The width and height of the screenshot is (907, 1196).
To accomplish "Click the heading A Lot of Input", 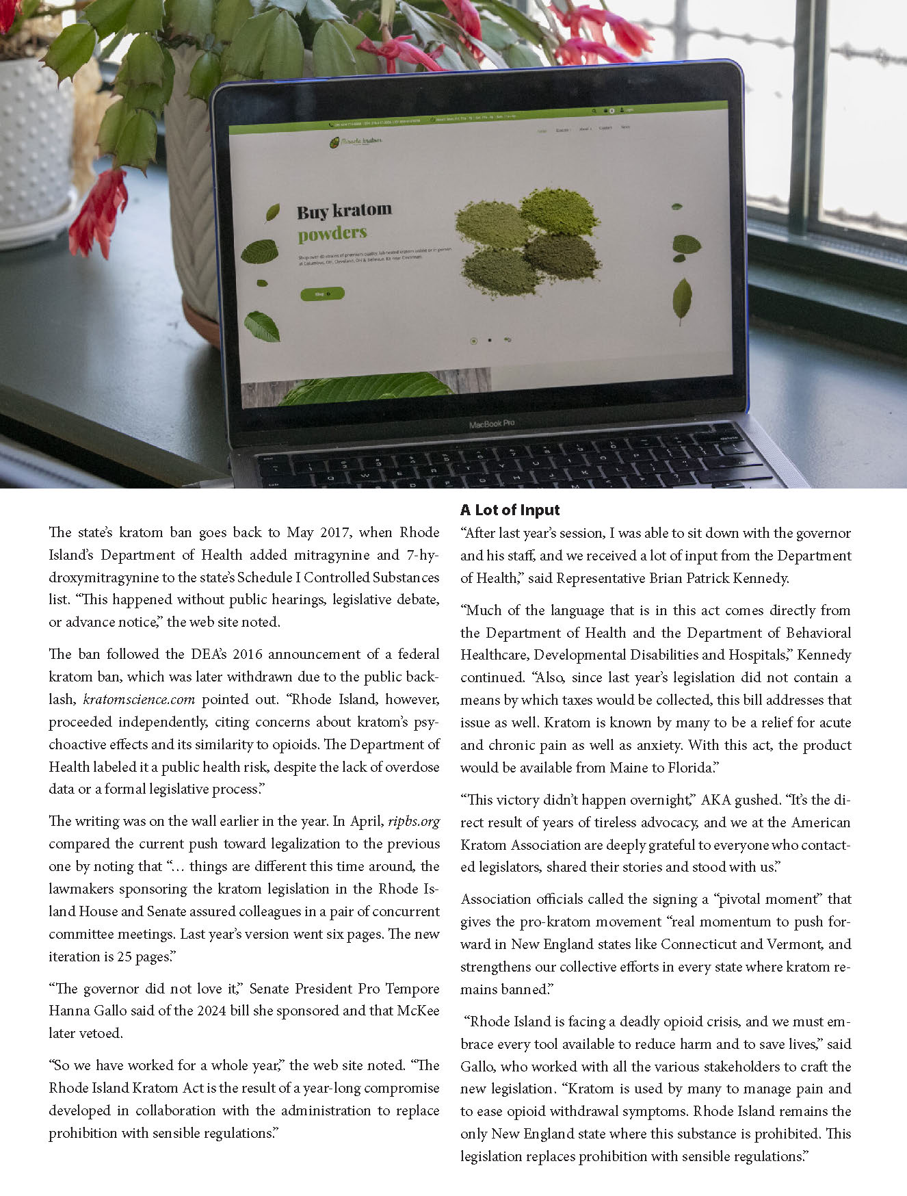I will pyautogui.click(x=510, y=510).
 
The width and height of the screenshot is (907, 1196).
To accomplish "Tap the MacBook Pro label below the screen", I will pyautogui.click(x=491, y=424).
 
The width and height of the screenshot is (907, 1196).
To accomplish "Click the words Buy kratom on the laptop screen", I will pyautogui.click(x=344, y=211).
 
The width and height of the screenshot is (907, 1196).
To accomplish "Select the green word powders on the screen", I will pyautogui.click(x=332, y=234).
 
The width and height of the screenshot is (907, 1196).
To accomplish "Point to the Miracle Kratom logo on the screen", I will pyautogui.click(x=356, y=142).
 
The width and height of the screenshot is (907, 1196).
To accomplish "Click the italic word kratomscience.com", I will pyautogui.click(x=139, y=699).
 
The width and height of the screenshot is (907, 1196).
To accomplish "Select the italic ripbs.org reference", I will pyautogui.click(x=413, y=821).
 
